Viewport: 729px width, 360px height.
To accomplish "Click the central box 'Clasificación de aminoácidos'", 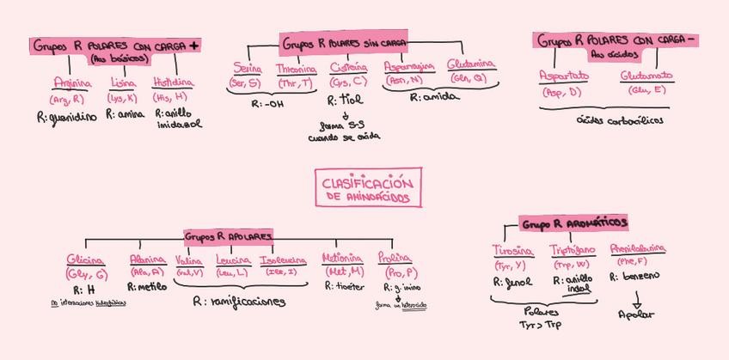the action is [368, 190].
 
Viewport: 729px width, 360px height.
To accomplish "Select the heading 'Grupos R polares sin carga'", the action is [344, 42].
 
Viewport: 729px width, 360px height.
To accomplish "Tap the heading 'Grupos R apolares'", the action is [229, 235].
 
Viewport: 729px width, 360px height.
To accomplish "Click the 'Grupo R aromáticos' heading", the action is [573, 223].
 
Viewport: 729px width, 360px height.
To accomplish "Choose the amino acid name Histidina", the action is [173, 83].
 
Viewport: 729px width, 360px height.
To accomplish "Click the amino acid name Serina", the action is [248, 68].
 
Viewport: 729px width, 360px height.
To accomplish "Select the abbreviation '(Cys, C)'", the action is [347, 82].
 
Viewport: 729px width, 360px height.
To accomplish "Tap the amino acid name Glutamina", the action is [471, 65].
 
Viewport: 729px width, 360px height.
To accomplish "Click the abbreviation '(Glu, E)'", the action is [646, 89].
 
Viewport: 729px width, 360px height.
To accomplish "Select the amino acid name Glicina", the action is [85, 259].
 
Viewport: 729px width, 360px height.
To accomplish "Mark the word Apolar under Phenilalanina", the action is [636, 314].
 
